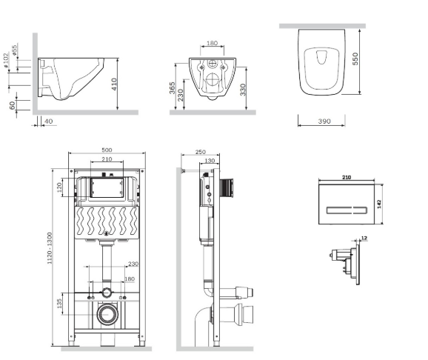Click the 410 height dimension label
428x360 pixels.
[x=114, y=84]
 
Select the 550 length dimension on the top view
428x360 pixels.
[x=355, y=59]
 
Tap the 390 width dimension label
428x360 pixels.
[x=324, y=121]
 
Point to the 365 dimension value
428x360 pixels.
[x=173, y=87]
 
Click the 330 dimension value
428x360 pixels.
[x=243, y=90]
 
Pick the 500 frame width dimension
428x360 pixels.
[x=107, y=150]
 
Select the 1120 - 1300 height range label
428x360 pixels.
[x=50, y=248]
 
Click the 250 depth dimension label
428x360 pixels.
[x=201, y=152]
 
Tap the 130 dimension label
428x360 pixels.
[x=210, y=161]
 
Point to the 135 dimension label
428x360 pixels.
[x=59, y=304]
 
